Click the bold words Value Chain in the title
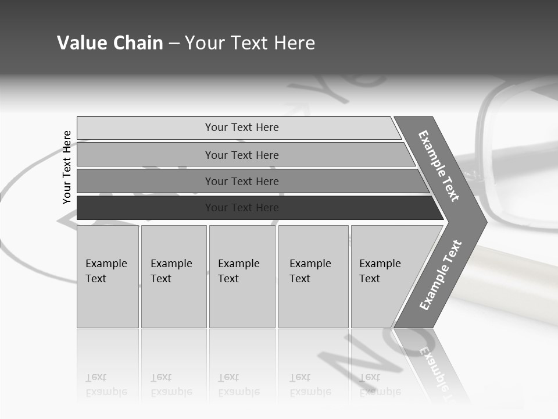(x=110, y=43)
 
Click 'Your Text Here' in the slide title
(x=250, y=43)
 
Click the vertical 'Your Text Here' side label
(x=67, y=167)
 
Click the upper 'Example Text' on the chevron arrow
(x=439, y=166)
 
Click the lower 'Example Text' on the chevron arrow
(x=441, y=275)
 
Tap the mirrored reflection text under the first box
(x=106, y=385)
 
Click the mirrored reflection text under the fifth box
(x=380, y=385)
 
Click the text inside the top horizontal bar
(x=242, y=127)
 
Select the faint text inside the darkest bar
(x=242, y=208)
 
